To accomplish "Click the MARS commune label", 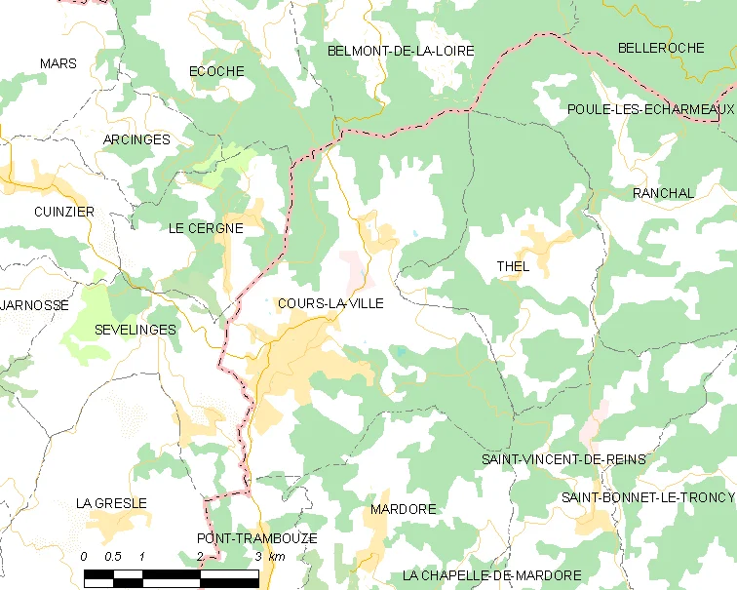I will [x=58, y=63].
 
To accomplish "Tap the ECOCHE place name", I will [x=216, y=71].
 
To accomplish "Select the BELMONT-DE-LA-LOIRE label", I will [x=401, y=50].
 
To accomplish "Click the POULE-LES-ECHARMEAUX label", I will [x=650, y=109].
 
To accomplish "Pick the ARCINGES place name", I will [x=136, y=139].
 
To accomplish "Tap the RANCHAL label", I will [x=663, y=193].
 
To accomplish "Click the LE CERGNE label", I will [x=205, y=228].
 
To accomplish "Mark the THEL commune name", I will [x=513, y=266].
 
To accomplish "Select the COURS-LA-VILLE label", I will [x=330, y=303].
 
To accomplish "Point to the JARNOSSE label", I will [x=35, y=305].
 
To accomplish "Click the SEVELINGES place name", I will [x=136, y=330].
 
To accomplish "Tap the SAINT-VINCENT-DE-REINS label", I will [x=563, y=458].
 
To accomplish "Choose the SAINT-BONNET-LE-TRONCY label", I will [x=647, y=497].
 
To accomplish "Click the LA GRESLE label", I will [x=111, y=503].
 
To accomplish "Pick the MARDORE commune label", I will [x=404, y=509].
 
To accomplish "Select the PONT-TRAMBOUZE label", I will [x=256, y=538].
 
